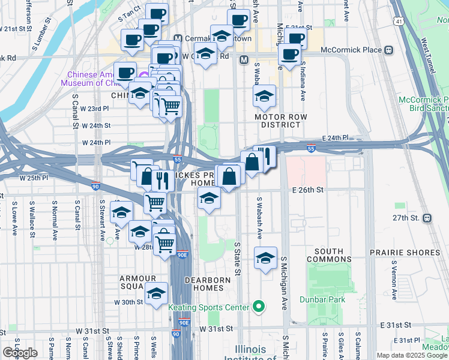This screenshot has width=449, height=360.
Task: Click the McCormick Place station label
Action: point(351,50)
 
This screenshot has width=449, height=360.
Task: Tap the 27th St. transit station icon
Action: point(427,217)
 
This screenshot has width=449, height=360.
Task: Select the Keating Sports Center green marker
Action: point(259,307)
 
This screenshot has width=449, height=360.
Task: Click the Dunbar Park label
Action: point(330,298)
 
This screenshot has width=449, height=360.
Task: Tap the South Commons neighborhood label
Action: point(329,255)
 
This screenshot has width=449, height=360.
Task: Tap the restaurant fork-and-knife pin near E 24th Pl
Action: point(265,157)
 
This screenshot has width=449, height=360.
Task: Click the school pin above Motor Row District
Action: point(264,96)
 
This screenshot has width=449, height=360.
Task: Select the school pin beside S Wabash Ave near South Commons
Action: point(265,258)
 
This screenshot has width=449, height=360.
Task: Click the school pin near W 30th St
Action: point(156,294)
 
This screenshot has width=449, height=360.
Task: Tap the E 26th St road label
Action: point(308,190)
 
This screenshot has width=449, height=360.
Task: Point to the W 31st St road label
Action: point(216,329)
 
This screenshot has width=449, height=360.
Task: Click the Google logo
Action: point(20,352)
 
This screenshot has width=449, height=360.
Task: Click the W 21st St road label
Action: point(16,28)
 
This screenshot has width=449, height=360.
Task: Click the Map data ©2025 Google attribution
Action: point(412,355)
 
